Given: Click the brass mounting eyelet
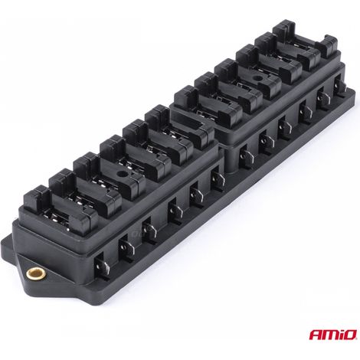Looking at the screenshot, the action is point(36,273).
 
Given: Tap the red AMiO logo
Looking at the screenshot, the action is point(333,335).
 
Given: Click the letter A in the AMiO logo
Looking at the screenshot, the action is point(316,335).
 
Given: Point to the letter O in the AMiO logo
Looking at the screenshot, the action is point(350,335).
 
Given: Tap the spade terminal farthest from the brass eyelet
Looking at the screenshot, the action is point(340,84).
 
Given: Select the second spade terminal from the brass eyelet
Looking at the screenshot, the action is point(126,246).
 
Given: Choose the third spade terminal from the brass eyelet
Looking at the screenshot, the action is point(149,229).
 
